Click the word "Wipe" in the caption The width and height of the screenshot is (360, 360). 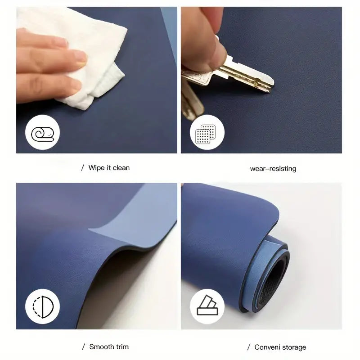(x=97, y=168)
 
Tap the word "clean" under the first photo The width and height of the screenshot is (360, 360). (x=121, y=168)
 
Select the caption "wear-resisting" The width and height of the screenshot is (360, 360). (x=273, y=169)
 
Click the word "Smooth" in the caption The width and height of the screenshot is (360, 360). (x=100, y=346)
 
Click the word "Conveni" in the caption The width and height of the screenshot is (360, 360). (x=266, y=347)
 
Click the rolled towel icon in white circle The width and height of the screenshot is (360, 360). (x=42, y=134)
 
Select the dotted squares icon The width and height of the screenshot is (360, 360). (x=206, y=134)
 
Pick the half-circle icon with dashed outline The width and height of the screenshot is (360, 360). (x=43, y=307)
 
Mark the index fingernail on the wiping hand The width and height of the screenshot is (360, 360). (x=81, y=57)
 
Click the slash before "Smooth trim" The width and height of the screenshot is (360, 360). (x=84, y=346)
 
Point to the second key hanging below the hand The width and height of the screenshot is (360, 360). (x=192, y=101)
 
